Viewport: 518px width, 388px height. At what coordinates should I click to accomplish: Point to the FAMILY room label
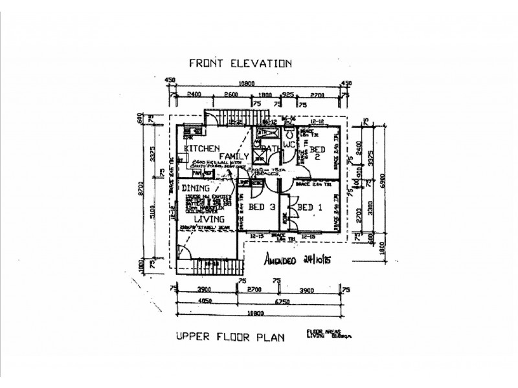pyautogui.click(x=234, y=156)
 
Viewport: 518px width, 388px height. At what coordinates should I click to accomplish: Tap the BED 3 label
pyautogui.click(x=262, y=207)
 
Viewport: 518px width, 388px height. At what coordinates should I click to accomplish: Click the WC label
pyautogui.click(x=289, y=145)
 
